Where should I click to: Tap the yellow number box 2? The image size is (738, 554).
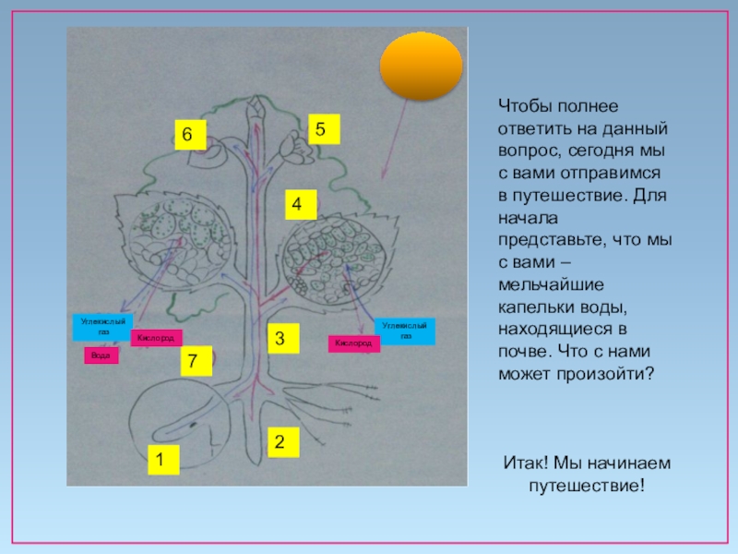coord(284,441)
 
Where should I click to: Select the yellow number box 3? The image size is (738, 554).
coord(284,338)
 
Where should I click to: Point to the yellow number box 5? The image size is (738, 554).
coord(323,129)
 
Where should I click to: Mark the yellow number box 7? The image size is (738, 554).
coord(195,361)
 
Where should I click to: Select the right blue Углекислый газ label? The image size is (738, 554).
coord(404,331)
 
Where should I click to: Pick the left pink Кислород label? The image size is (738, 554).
coord(156,338)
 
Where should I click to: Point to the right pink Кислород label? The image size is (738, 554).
coord(353,343)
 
